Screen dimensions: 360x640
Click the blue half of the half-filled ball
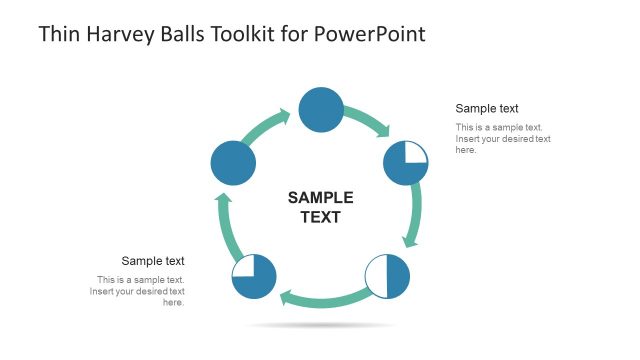pyautogui.click(x=398, y=277)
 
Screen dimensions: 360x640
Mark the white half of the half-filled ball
pyautogui.click(x=377, y=277)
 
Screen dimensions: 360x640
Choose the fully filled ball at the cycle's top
pyautogui.click(x=321, y=109)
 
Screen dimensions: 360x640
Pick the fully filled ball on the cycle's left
pyautogui.click(x=233, y=162)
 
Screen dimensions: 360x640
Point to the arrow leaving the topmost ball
pyautogui.click(x=370, y=120)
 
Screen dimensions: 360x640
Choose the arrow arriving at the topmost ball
pyautogui.click(x=266, y=126)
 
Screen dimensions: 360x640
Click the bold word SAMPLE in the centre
pyautogui.click(x=320, y=197)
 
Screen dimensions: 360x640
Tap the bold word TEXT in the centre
pyautogui.click(x=320, y=216)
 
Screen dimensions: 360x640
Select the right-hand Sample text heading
pyautogui.click(x=487, y=108)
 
